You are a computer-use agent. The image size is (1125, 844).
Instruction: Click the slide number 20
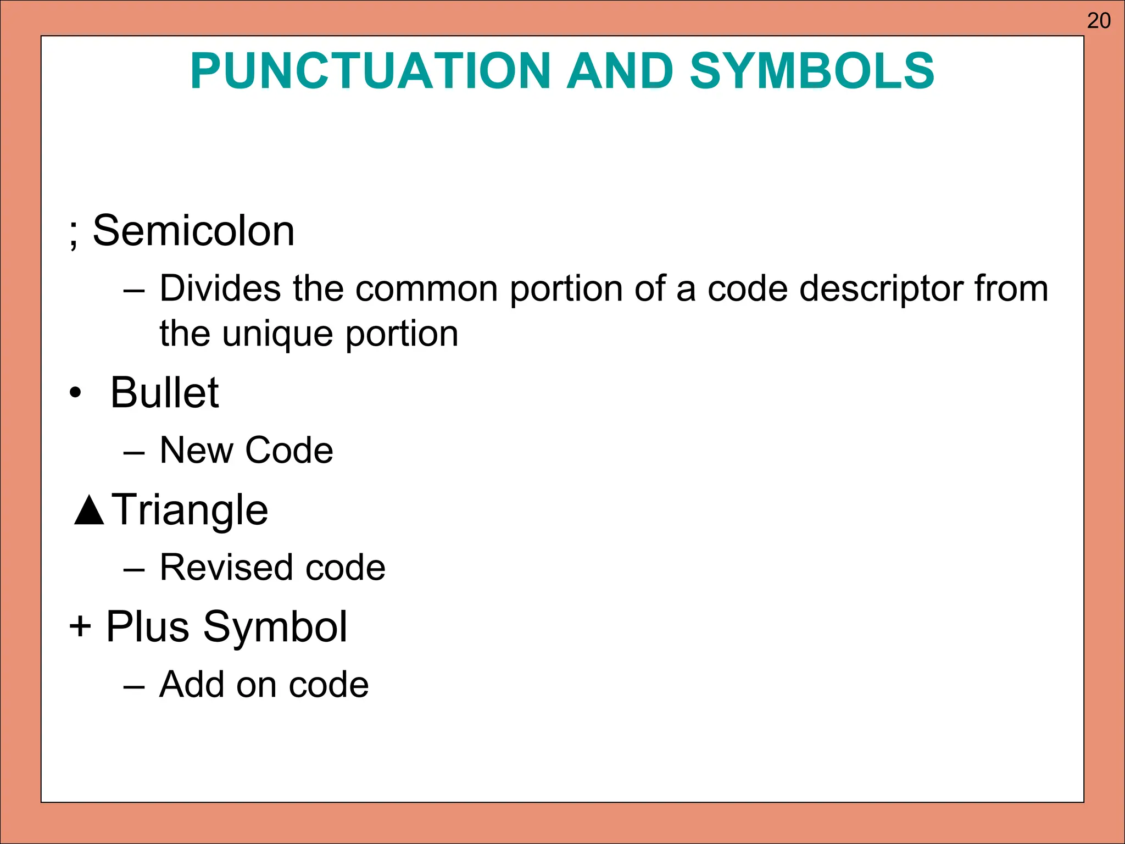(x=1099, y=21)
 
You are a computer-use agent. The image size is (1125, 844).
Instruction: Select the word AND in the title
(x=620, y=71)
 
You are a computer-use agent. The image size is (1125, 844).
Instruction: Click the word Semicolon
(x=193, y=231)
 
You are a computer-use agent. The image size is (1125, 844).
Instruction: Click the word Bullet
(x=164, y=392)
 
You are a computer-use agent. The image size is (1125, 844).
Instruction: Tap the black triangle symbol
(x=89, y=510)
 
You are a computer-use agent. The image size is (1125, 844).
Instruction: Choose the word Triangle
(x=190, y=510)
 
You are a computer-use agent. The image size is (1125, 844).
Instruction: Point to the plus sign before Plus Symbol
(x=80, y=626)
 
